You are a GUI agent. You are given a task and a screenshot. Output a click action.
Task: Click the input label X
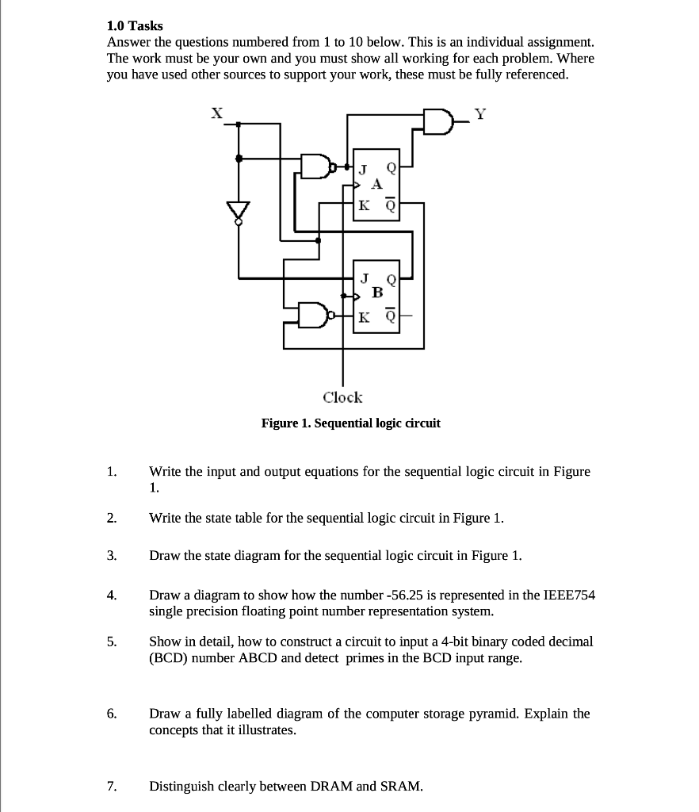tap(216, 113)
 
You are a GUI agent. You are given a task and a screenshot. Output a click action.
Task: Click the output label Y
tap(479, 113)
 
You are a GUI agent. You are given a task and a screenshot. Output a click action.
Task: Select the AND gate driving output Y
tap(437, 121)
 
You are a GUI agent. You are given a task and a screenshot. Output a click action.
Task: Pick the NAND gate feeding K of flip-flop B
tap(313, 315)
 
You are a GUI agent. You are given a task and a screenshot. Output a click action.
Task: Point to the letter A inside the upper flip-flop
tap(377, 184)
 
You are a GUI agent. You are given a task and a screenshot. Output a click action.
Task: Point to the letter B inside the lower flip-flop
tap(377, 293)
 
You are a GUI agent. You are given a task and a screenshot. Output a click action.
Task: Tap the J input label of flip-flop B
tap(363, 278)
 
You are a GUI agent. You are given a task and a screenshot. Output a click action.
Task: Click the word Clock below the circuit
tap(342, 397)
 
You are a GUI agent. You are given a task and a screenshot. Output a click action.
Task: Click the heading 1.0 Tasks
tap(135, 26)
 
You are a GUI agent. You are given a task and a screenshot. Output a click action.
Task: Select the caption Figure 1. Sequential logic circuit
tap(350, 423)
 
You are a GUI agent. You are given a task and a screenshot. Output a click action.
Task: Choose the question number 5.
tap(112, 642)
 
